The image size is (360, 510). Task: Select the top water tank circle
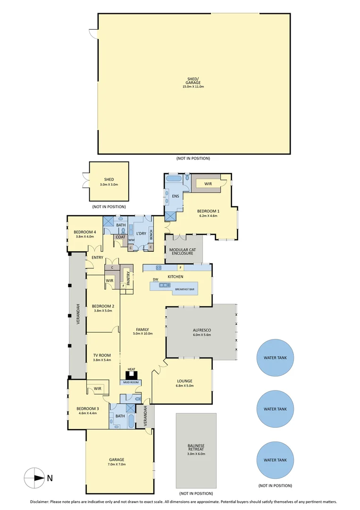[x=275, y=358]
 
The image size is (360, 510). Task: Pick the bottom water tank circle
[x=275, y=460]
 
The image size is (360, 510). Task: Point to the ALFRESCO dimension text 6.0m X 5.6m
[x=201, y=335]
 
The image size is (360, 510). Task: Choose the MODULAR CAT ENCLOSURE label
[x=182, y=251]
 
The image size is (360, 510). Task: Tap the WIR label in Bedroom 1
[x=208, y=184]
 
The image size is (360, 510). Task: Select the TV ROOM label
[x=101, y=355]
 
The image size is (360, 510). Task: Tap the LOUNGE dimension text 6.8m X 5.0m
[x=185, y=386]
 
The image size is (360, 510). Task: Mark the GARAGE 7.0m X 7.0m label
[x=117, y=462]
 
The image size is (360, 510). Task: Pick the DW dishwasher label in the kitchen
[x=154, y=280]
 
